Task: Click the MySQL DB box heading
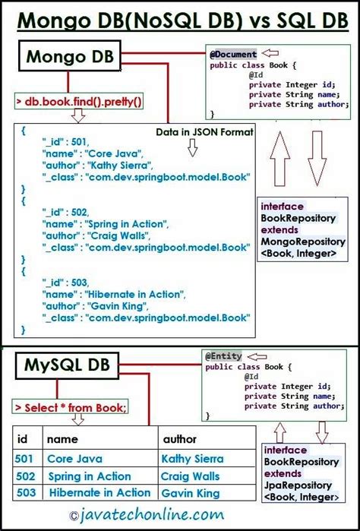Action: click(67, 366)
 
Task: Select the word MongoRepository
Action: click(299, 242)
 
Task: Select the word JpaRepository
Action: click(298, 486)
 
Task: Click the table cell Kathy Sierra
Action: click(191, 459)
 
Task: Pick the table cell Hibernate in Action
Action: click(99, 493)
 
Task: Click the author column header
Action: click(180, 439)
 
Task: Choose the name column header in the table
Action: click(62, 439)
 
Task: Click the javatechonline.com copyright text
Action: click(179, 515)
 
